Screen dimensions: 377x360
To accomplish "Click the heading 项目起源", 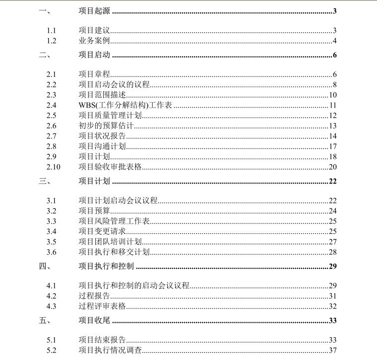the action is coord(94,11).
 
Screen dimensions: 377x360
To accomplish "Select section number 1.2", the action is coord(51,41).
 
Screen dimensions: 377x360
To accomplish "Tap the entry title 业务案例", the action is coord(94,41).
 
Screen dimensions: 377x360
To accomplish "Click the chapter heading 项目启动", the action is coord(94,55).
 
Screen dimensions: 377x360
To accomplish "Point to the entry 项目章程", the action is coord(94,74).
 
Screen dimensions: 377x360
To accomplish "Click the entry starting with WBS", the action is coord(126,105).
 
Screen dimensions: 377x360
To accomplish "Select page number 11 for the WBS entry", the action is coord(333,105).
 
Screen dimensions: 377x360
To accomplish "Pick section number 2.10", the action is coord(53,167).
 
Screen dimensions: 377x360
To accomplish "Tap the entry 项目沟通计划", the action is coord(102,146).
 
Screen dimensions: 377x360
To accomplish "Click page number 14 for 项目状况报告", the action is coord(333,136).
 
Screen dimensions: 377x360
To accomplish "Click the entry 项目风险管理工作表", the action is coord(114,221).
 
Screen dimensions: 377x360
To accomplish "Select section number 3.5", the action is coord(51,241).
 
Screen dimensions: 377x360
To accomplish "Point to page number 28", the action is coord(333,252).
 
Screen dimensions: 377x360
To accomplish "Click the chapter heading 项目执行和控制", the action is coord(106,266).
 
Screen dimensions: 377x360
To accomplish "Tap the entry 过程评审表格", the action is coord(102,306).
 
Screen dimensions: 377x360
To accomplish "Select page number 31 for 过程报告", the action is coord(333,296).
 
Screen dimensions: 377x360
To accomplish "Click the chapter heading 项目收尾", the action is coord(94,320).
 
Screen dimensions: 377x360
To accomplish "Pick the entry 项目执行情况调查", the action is coord(110,350).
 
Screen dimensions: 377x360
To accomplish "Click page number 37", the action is coord(333,350).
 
